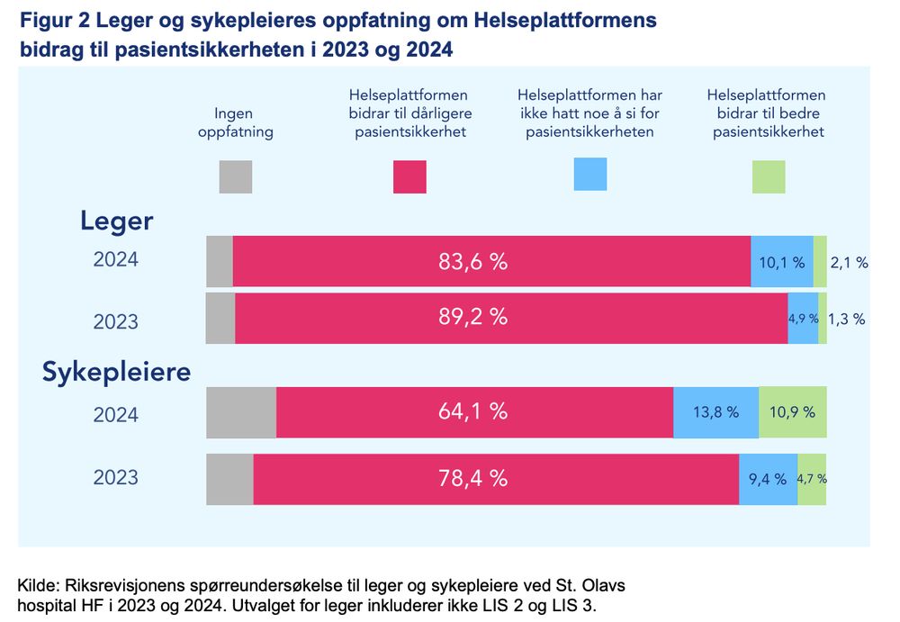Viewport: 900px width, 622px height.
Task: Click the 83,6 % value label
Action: (472, 262)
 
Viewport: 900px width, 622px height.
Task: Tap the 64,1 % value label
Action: (472, 412)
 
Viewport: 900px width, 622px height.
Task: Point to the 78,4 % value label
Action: (472, 479)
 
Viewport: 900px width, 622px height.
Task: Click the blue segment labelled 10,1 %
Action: (781, 262)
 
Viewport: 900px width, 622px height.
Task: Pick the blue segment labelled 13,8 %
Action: (715, 412)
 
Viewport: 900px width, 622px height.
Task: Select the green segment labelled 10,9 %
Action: (792, 412)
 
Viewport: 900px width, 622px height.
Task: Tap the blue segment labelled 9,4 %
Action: (768, 479)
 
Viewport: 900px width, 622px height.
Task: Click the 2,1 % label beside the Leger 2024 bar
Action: (850, 263)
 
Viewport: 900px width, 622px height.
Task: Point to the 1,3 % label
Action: (847, 319)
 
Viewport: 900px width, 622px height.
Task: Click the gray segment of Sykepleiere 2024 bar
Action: (241, 412)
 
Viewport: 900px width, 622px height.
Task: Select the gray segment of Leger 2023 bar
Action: (220, 318)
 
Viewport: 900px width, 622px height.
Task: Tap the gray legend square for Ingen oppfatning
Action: (236, 176)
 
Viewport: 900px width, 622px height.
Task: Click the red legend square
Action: (409, 176)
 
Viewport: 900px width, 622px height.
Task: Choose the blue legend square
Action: (590, 174)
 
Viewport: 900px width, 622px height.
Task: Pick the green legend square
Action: (769, 176)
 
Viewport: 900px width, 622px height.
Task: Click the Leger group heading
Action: (117, 221)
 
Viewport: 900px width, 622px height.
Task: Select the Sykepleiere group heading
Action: (117, 372)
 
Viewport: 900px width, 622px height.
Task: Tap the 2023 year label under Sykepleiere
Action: (116, 476)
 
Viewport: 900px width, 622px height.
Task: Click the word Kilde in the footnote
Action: (37, 585)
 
